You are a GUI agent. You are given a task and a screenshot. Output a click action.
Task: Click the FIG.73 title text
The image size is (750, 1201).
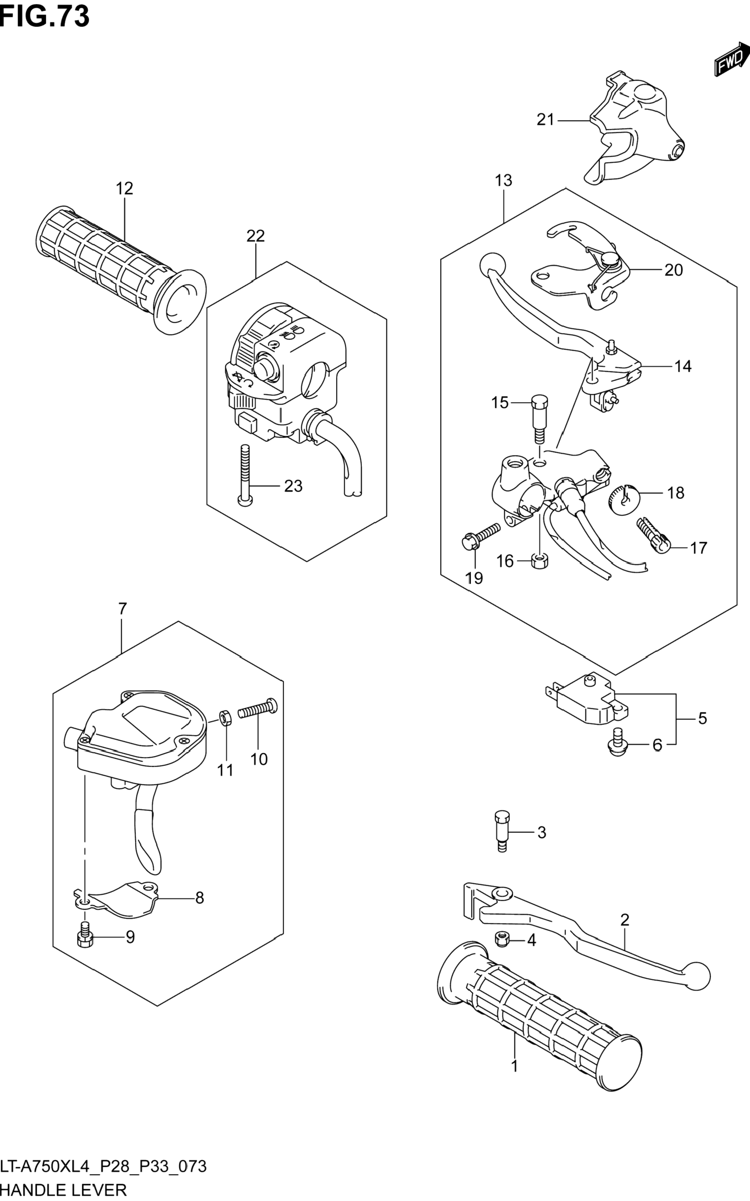point(45,16)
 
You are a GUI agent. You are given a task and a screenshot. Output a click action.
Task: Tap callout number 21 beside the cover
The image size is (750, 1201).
point(545,120)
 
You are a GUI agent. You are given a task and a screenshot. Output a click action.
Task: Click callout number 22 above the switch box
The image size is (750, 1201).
point(256,236)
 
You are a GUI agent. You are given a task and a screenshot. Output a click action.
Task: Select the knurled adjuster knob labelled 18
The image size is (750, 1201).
point(623,500)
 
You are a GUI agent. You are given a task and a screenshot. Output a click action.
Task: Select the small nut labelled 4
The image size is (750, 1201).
point(502,938)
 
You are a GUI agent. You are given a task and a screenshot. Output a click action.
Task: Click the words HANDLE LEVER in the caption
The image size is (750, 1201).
point(64,1190)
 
